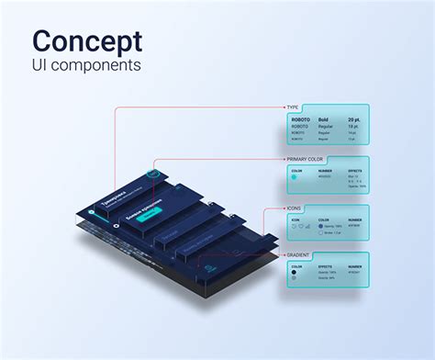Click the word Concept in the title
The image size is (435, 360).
[x=87, y=41]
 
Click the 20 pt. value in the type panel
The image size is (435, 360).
[x=354, y=119]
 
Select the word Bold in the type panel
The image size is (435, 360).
[x=322, y=119]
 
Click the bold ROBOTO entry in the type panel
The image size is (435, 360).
[x=300, y=119]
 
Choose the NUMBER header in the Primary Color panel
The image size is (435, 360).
[x=325, y=170]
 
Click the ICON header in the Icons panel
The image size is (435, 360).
[x=296, y=220]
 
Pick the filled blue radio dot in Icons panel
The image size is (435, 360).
[x=321, y=227]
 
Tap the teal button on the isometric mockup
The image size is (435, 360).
[x=147, y=217]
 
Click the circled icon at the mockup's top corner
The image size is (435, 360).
[x=156, y=172]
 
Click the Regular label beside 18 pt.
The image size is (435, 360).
[x=325, y=126]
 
